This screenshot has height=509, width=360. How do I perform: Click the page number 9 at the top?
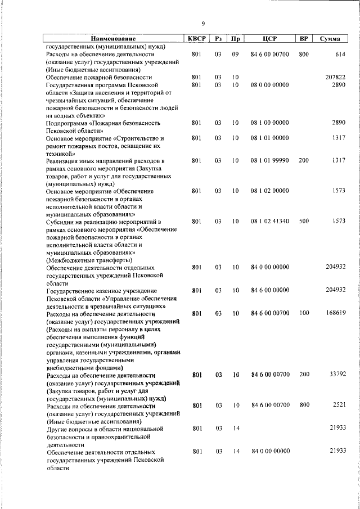pyautogui.click(x=203, y=23)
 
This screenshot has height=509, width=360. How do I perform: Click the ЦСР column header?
pyautogui.click(x=269, y=39)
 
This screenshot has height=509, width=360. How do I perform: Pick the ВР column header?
pyautogui.click(x=304, y=39)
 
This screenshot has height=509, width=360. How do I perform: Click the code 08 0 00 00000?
pyautogui.click(x=269, y=84)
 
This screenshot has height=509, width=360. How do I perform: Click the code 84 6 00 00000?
pyautogui.click(x=269, y=290)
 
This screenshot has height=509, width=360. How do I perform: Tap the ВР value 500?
pyautogui.click(x=304, y=222)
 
